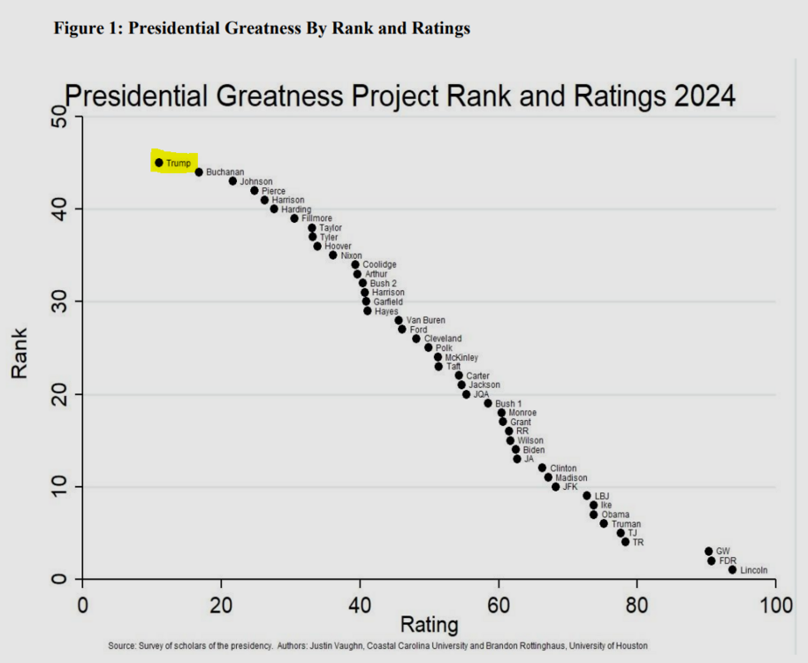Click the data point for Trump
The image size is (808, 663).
click(159, 163)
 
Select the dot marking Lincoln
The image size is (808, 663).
click(732, 570)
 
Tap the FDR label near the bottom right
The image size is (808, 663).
click(728, 561)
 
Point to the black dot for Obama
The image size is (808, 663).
click(594, 514)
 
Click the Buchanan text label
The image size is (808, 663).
click(225, 172)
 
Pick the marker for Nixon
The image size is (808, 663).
click(333, 255)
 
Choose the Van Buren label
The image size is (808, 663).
click(425, 320)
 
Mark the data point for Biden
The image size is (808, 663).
click(515, 450)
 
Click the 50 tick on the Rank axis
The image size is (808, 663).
click(60, 117)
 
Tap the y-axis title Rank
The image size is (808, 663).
click(19, 354)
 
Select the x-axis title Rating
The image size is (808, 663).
click(430, 624)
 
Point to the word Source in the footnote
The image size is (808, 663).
click(122, 645)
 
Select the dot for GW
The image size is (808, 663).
click(708, 552)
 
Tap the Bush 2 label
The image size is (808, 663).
click(384, 284)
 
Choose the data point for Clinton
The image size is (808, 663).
click(542, 468)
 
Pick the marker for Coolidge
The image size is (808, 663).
click(355, 265)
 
